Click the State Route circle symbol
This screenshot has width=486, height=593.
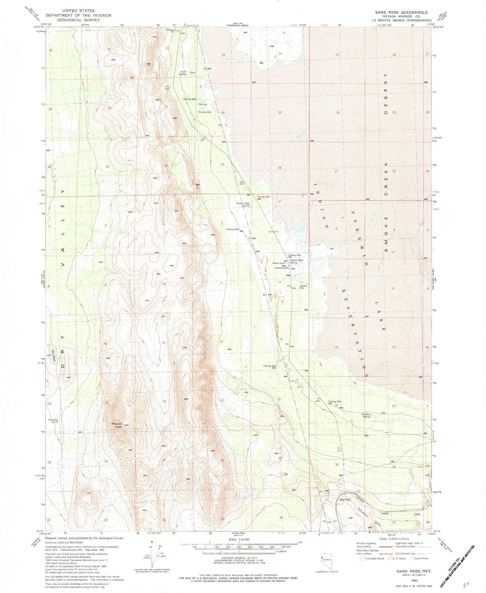(x=412, y=558)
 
